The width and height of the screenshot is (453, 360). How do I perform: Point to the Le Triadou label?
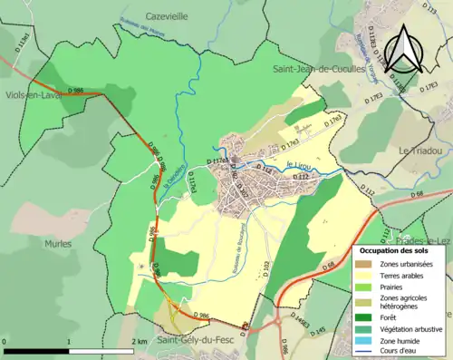tap(419, 150)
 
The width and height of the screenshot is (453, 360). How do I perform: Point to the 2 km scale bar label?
tap(139, 341)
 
